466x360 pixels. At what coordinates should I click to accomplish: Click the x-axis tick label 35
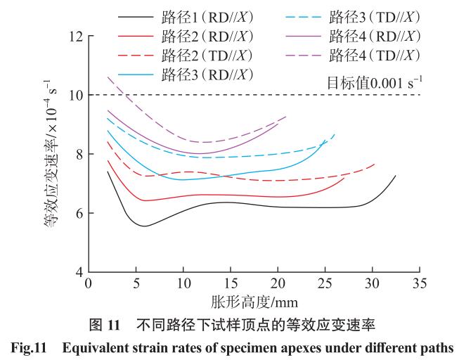420,284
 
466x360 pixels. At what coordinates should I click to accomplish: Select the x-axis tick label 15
230,284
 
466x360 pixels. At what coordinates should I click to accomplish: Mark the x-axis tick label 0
88,284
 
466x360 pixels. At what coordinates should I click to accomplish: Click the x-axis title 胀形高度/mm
254,303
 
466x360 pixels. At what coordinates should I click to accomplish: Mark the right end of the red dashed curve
375,164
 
